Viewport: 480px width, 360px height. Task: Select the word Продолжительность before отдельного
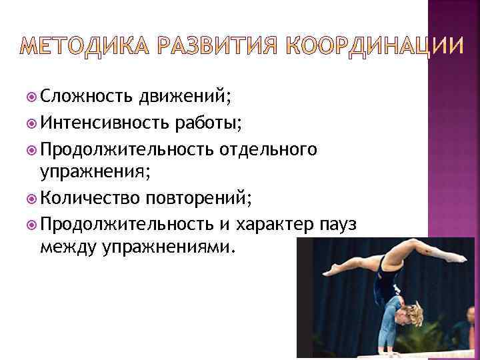click(x=124, y=148)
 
